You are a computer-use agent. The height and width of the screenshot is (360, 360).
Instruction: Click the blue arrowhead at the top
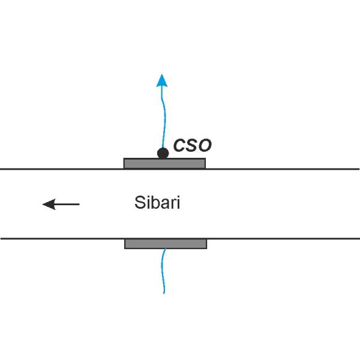click(x=162, y=81)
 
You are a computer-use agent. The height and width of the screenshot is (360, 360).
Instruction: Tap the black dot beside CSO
click(x=163, y=153)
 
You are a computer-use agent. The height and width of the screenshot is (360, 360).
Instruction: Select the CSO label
click(x=193, y=145)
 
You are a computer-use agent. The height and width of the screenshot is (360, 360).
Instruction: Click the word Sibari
click(x=157, y=203)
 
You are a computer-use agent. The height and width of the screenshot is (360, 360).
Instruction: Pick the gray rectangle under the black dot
click(x=164, y=163)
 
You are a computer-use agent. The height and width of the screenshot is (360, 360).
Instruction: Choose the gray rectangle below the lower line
click(x=166, y=244)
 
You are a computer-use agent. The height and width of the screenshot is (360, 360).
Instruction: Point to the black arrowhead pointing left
click(x=49, y=204)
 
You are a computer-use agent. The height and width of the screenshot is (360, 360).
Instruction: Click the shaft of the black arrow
click(x=67, y=204)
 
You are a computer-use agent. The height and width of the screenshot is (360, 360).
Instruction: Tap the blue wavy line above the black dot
click(x=164, y=117)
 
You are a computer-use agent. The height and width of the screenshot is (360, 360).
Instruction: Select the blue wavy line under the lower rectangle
click(x=163, y=271)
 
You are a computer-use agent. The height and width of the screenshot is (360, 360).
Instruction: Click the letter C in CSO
click(x=179, y=145)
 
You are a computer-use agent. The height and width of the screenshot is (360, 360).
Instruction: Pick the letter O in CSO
click(x=205, y=145)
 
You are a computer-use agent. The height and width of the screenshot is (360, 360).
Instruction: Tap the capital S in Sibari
click(x=140, y=203)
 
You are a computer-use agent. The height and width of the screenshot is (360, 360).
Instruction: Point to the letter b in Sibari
click(x=155, y=203)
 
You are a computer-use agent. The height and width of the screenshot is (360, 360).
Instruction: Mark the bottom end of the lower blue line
click(x=164, y=293)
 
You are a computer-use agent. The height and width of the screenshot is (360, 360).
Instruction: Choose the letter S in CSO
click(x=192, y=145)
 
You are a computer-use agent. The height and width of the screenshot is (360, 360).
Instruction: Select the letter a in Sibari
click(x=164, y=204)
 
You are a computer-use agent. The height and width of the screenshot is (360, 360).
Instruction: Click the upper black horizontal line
click(x=180, y=169)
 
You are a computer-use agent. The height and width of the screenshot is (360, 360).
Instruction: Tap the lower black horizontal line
click(x=180, y=239)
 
